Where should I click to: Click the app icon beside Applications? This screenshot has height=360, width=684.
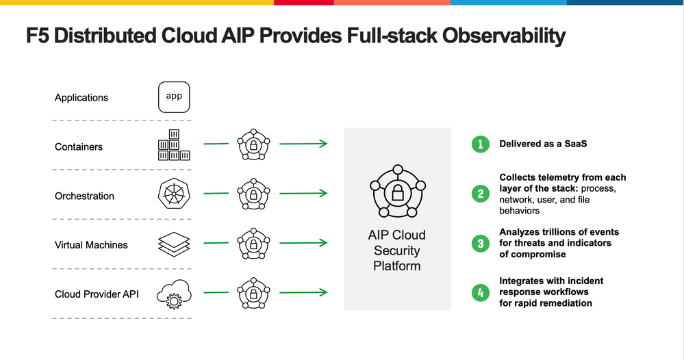tap(174, 97)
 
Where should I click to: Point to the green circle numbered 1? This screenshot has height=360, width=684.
tap(481, 144)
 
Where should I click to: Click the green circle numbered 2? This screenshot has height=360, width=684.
tap(481, 194)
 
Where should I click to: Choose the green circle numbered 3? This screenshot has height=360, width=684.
tap(481, 243)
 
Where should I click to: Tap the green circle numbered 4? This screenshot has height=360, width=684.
tap(481, 292)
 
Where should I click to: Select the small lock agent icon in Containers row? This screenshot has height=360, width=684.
tap(253, 145)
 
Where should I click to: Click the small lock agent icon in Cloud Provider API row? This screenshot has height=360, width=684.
tap(253, 294)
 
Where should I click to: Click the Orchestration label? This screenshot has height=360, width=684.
tap(84, 196)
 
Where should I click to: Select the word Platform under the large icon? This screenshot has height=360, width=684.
tap(397, 265)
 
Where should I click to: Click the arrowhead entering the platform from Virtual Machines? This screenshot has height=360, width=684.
tap(323, 243)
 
